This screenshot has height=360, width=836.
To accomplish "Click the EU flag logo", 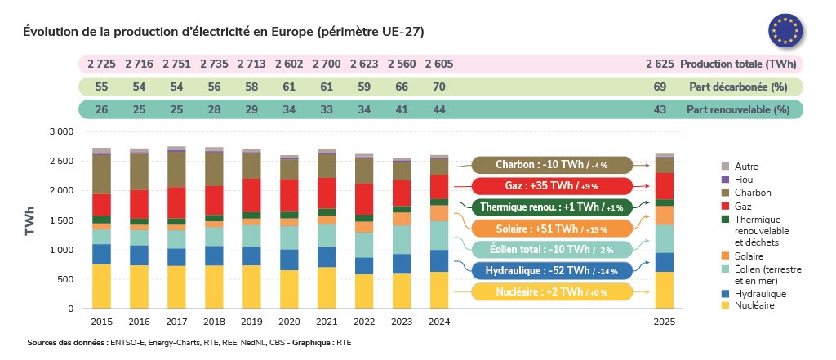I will pyautogui.click(x=786, y=30).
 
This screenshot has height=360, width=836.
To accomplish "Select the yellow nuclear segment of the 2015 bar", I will pyautogui.click(x=101, y=287).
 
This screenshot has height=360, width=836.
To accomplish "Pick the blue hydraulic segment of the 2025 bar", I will pyautogui.click(x=665, y=262).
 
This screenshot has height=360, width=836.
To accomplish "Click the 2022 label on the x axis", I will pyautogui.click(x=364, y=322).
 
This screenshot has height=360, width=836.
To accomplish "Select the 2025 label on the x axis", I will pyautogui.click(x=665, y=322).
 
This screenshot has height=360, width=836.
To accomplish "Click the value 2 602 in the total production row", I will pyautogui.click(x=289, y=64).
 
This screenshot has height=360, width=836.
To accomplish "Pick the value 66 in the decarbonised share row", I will pyautogui.click(x=402, y=87).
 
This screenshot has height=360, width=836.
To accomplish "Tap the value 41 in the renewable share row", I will pyautogui.click(x=402, y=109).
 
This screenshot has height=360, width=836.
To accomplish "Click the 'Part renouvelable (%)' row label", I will pyautogui.click(x=738, y=109).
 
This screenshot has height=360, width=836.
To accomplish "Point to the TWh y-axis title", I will pyautogui.click(x=29, y=220).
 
